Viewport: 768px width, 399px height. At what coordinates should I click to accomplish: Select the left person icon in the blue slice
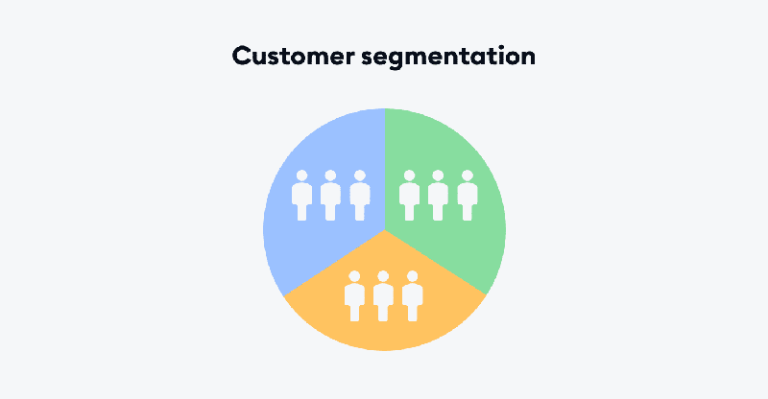pos(301,196)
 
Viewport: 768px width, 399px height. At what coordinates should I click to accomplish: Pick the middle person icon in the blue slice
pos(330,196)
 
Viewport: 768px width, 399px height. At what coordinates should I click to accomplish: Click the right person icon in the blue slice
pos(360,196)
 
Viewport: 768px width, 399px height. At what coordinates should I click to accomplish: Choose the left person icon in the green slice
pos(409,196)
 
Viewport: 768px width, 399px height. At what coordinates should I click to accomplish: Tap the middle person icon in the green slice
pos(438,196)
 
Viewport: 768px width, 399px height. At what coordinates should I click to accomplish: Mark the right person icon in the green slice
pos(468,196)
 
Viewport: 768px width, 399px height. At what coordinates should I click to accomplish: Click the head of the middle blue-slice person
pos(330,176)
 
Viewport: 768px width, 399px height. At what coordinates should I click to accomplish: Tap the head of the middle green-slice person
pos(438,176)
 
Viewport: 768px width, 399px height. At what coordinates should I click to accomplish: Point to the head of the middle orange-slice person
pos(383,276)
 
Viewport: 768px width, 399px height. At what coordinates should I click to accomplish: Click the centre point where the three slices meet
pos(384,230)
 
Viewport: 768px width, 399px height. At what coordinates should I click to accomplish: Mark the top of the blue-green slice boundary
pos(384,110)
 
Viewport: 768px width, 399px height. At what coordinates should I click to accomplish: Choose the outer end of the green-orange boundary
pos(488,293)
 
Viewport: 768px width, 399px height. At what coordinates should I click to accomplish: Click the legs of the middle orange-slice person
pos(383,313)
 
